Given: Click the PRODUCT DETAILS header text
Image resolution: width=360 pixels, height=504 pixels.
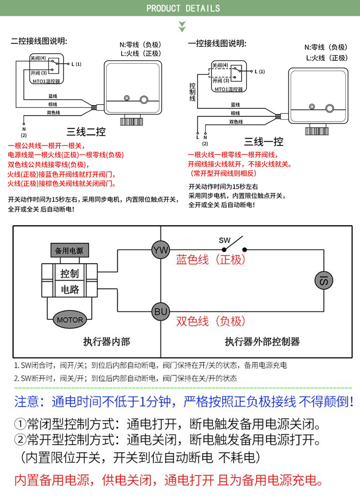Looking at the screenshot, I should (x=183, y=8).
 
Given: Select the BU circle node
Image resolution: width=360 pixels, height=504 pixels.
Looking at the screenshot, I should (x=160, y=312).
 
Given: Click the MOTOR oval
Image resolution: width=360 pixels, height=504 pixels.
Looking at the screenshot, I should (x=70, y=319).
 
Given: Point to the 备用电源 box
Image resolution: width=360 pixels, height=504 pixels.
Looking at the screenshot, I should (x=69, y=251).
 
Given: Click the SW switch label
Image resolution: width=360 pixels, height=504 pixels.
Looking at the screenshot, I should (x=225, y=240).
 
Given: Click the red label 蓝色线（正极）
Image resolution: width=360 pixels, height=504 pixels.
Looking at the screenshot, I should (x=211, y=260).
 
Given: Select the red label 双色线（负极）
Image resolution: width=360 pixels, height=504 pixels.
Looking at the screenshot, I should (x=211, y=321).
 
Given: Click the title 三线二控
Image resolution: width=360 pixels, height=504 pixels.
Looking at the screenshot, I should (x=86, y=132).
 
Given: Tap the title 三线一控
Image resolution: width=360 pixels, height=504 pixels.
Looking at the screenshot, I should (x=263, y=142).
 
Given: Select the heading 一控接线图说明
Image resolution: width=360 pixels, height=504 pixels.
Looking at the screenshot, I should (x=217, y=44).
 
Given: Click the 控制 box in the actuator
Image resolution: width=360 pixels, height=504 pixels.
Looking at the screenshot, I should (x=70, y=273).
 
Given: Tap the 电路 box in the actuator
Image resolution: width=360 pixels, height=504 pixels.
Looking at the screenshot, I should (x=70, y=289).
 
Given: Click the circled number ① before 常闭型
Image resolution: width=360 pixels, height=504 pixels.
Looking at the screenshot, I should (x=20, y=426).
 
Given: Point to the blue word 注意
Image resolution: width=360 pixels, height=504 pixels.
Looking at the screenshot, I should (x=29, y=402).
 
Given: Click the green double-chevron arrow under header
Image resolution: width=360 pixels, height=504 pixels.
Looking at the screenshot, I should (x=182, y=26).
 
